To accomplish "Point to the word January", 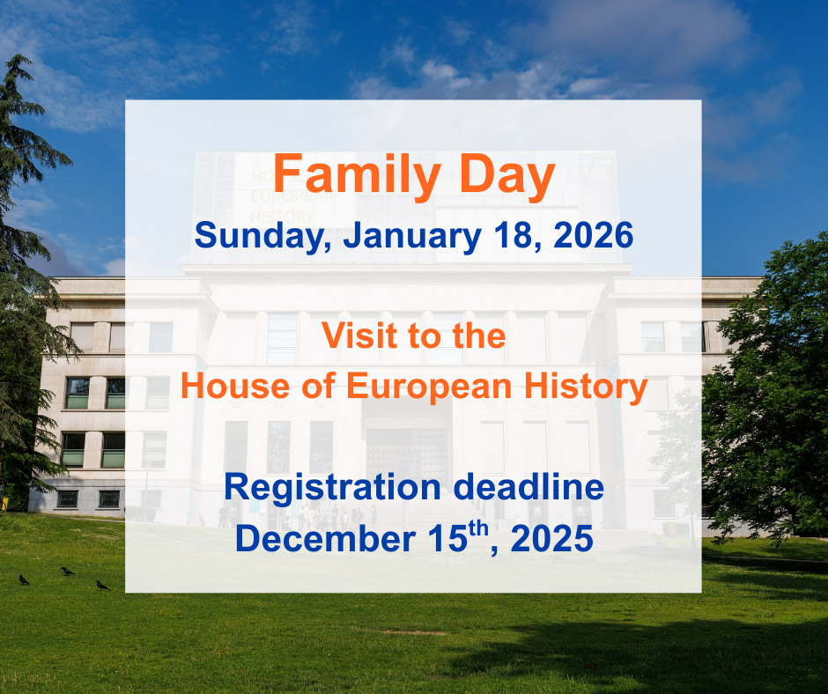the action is click(412, 236).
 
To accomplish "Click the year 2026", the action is click(593, 235).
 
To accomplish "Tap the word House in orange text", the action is click(235, 386).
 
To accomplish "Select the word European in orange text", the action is click(429, 388).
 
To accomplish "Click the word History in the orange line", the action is click(586, 388).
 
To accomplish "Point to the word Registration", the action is click(332, 487).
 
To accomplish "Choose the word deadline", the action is click(529, 486).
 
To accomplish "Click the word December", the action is click(325, 538).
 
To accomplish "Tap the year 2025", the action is click(551, 538).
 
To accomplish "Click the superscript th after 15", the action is click(478, 528).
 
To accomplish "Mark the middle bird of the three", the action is click(67, 571).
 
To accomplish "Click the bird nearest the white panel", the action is click(103, 585).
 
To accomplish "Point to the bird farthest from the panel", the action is click(24, 580).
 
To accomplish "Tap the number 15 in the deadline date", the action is click(447, 538).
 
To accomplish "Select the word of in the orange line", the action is click(318, 386).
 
